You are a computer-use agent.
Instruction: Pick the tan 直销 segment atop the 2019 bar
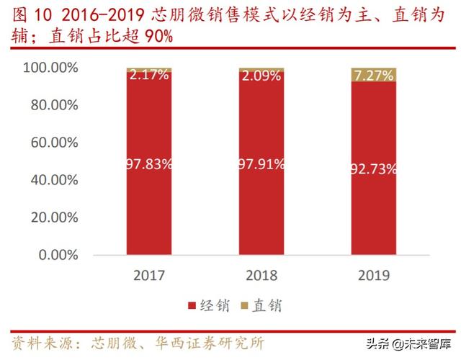pyautogui.click(x=373, y=74)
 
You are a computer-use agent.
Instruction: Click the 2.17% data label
pyautogui.click(x=149, y=74)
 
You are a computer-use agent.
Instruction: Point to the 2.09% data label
pyautogui.click(x=261, y=74)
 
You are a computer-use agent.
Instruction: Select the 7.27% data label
pyautogui.click(x=373, y=75)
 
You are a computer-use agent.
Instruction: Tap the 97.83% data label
pyautogui.click(x=149, y=164)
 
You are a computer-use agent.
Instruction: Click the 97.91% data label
pyautogui.click(x=261, y=164)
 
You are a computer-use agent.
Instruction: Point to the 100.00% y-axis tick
pyautogui.click(x=50, y=68)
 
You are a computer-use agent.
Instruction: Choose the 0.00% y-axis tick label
pyautogui.click(x=58, y=255)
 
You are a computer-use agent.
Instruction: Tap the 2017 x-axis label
pyautogui.click(x=149, y=275)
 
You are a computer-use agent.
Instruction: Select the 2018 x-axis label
pyautogui.click(x=261, y=275)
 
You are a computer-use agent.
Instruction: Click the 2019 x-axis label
pyautogui.click(x=373, y=275)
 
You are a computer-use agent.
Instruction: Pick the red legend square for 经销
pyautogui.click(x=192, y=306)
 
